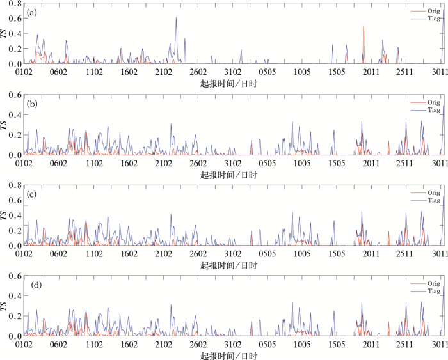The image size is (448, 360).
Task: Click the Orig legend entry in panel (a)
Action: [x=425, y=11]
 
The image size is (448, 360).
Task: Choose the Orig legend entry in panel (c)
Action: [x=425, y=192]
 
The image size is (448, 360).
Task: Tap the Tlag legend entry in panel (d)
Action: [x=425, y=291]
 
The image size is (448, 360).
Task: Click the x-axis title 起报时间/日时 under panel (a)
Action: [x=229, y=84]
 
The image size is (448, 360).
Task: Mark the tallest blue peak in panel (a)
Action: [x=176, y=18]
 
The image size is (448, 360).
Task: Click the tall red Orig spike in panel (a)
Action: [x=364, y=27]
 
